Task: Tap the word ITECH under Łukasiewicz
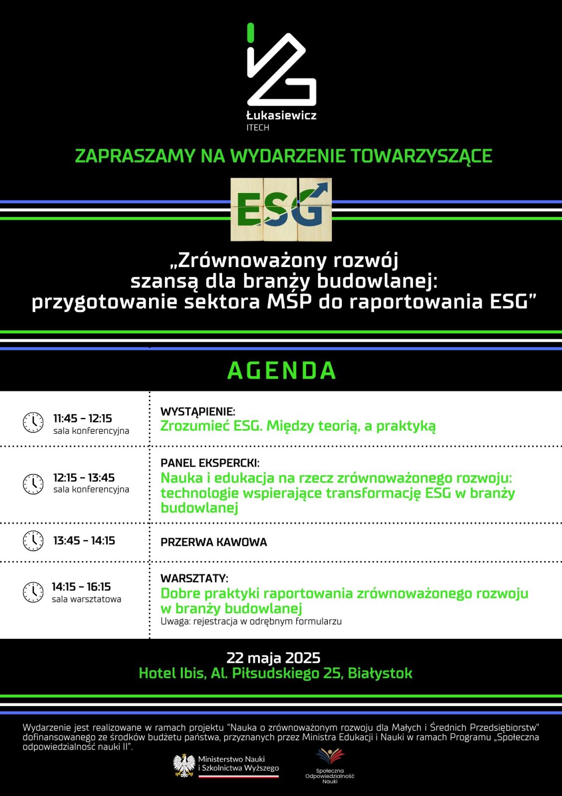(257, 128)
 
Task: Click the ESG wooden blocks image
(281, 209)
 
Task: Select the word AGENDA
(282, 371)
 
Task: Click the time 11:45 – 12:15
(82, 418)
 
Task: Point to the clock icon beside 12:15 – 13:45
(33, 484)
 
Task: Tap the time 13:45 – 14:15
(84, 541)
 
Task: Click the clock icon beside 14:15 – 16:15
(33, 592)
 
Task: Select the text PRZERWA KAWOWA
(214, 542)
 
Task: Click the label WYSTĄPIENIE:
(198, 412)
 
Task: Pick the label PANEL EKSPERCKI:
(210, 463)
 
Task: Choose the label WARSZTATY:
(194, 579)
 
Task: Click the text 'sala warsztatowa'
(86, 599)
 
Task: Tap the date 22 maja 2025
(273, 658)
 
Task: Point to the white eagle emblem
(184, 765)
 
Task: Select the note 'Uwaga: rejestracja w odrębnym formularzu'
(251, 621)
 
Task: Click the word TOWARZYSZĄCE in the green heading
(421, 156)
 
